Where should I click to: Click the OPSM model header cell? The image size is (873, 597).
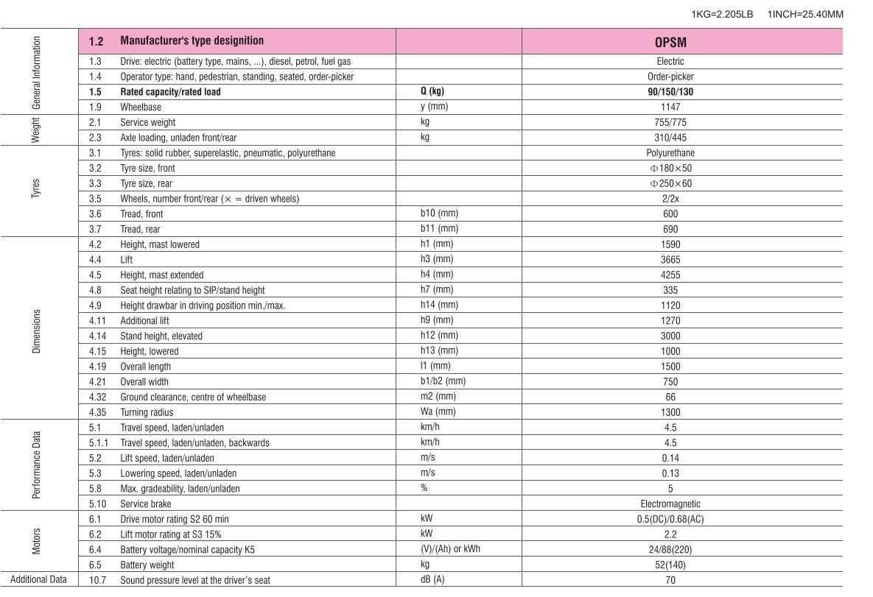coord(670,42)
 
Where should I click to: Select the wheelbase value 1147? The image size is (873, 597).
coord(670,107)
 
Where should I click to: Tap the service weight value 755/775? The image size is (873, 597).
coord(670,123)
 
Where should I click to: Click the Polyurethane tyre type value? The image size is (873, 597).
coord(670,153)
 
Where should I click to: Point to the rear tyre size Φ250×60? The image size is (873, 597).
coord(670,183)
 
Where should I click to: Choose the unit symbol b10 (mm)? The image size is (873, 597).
coord(439,213)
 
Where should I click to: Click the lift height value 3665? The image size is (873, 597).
coord(670,260)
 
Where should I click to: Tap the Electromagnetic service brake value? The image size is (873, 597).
coord(670,504)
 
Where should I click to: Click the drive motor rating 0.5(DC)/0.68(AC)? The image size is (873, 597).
coord(670,520)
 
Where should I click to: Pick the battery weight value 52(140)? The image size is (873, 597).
coord(670,565)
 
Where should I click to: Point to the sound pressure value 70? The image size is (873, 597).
coord(670,580)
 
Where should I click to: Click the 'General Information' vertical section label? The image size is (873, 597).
coord(37,72)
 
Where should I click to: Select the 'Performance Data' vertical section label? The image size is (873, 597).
coord(37,465)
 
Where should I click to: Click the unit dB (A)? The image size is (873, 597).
coord(432,580)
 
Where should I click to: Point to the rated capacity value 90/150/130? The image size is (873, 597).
coord(670,92)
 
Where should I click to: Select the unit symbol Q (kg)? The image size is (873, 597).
coord(432,92)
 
